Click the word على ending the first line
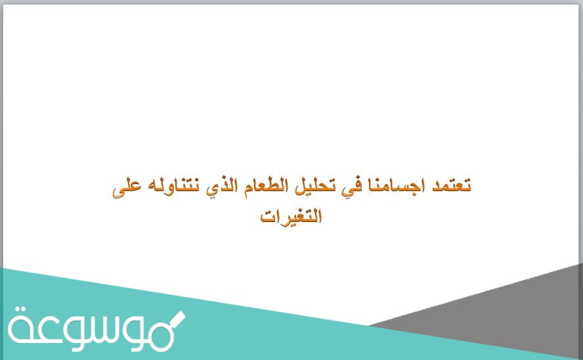click(125, 189)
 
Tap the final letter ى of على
click(118, 191)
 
